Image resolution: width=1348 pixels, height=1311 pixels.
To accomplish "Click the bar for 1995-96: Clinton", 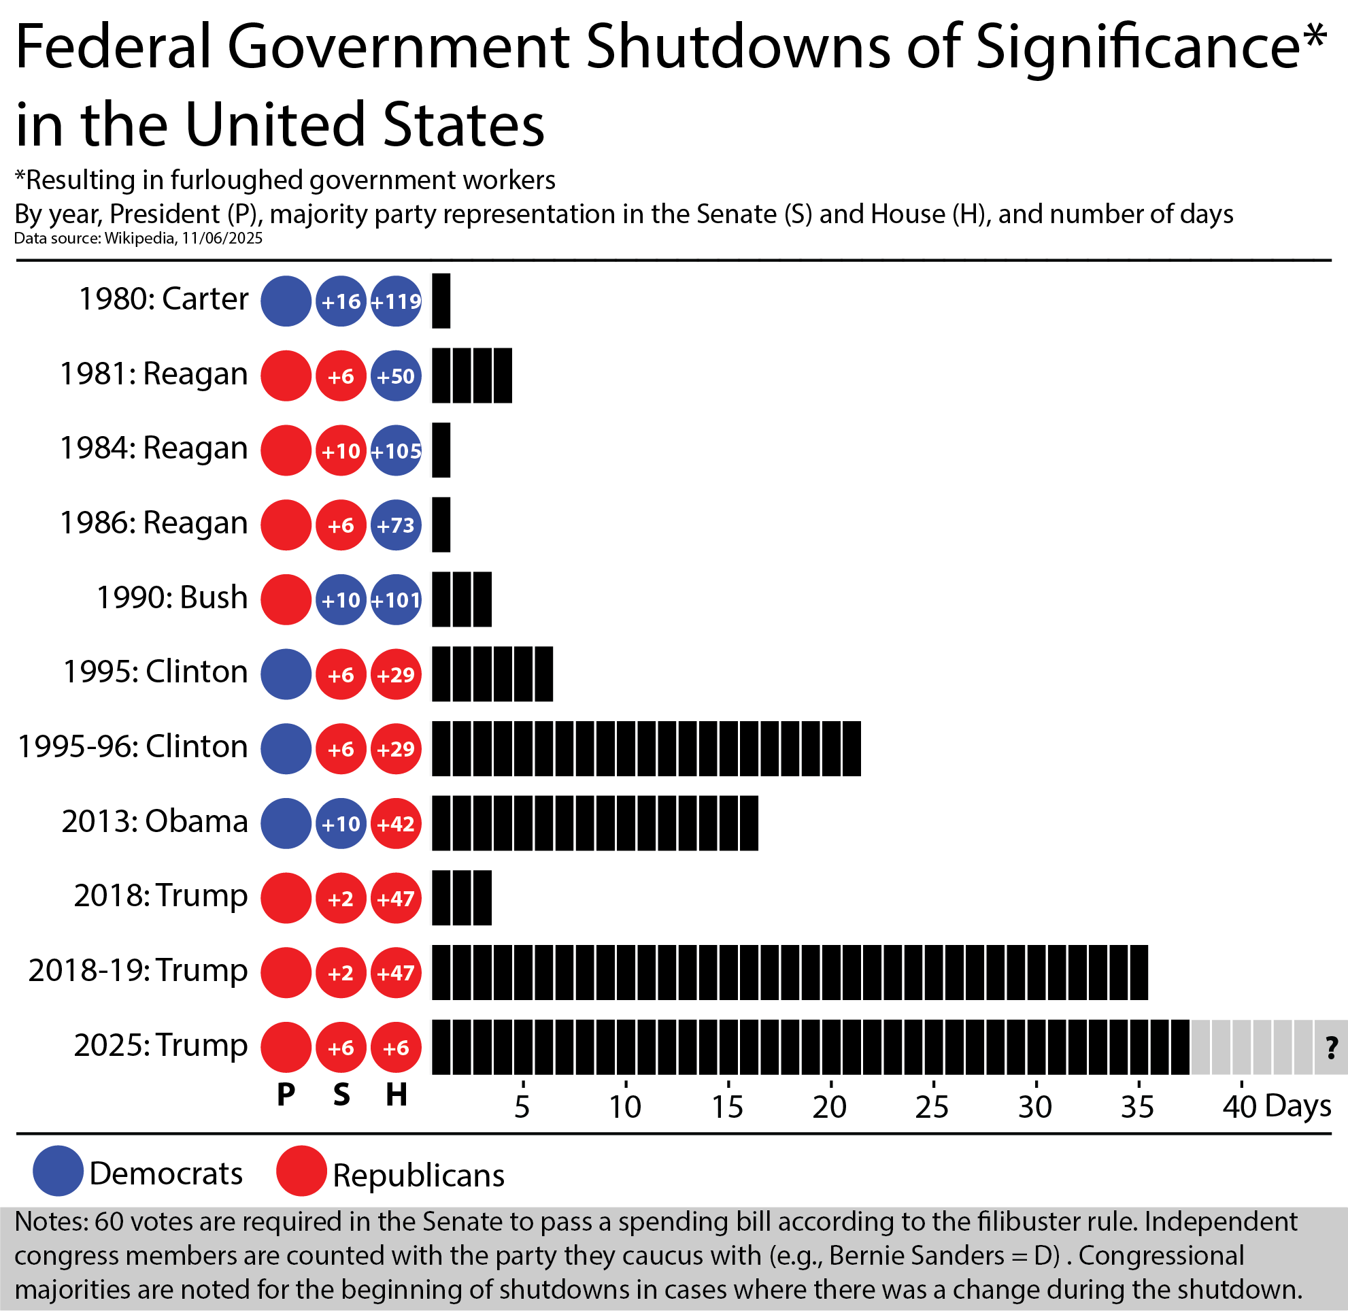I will [645, 748].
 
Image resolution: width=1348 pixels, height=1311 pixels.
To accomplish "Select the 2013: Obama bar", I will [595, 823].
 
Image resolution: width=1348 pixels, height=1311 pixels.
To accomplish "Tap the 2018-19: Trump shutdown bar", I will [789, 972].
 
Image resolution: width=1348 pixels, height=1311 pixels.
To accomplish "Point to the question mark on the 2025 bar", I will [1331, 1047].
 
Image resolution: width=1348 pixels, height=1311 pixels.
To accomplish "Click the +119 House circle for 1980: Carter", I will [396, 301].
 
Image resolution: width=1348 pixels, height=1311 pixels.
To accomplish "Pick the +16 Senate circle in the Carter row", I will [341, 301].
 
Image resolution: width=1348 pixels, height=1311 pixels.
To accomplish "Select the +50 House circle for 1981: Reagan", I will [396, 376].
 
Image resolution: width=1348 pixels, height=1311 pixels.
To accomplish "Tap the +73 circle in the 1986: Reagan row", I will [396, 525].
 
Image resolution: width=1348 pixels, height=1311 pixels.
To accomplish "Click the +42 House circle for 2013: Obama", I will [396, 823].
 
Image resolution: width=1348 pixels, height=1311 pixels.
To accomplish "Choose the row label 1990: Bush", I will [171, 597].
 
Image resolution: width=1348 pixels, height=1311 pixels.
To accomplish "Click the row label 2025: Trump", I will [161, 1044].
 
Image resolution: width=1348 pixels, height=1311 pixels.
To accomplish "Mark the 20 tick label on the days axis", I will [829, 1106].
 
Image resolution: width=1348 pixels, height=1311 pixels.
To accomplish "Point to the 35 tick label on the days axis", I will [1136, 1106].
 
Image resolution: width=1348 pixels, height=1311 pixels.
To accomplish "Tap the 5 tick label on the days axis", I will [522, 1106].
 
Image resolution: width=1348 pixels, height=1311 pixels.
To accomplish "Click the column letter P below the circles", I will [286, 1094].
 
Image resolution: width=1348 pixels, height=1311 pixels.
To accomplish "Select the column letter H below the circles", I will [396, 1094].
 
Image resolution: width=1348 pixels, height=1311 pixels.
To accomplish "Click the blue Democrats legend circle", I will [58, 1171].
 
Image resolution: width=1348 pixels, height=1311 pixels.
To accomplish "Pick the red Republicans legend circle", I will [301, 1171].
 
